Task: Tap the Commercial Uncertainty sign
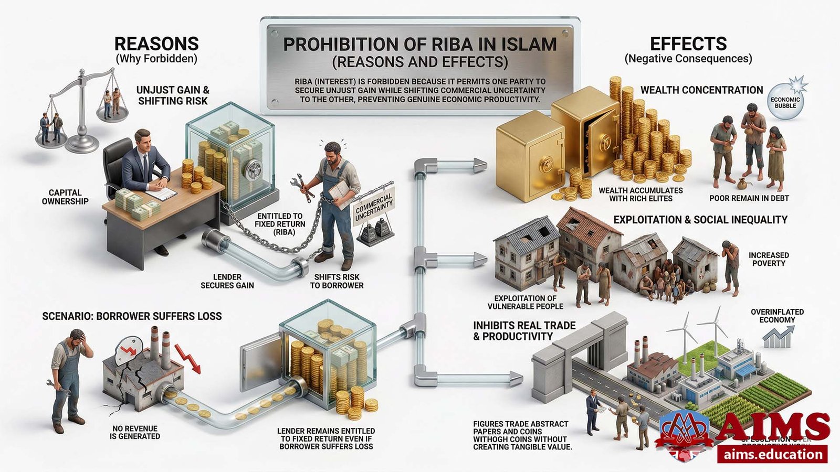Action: pos(374,208)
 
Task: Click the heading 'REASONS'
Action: pos(156,44)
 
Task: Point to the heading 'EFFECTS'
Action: pos(688,44)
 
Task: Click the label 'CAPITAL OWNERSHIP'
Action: pos(65,197)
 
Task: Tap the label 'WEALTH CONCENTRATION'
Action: pos(701,90)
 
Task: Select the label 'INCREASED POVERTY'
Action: pos(769,259)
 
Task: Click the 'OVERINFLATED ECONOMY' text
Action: pos(777,316)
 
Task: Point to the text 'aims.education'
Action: pos(773,454)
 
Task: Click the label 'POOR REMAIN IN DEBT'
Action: pos(749,198)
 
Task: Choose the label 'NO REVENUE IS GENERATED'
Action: pos(135,432)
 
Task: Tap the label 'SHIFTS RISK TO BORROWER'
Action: pos(337,281)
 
